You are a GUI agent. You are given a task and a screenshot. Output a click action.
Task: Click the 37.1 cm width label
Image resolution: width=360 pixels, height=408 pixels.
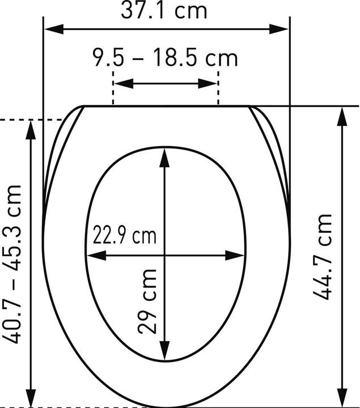tap(164, 10)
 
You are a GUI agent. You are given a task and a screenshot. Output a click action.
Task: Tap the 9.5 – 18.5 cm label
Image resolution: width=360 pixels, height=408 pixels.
tap(164, 58)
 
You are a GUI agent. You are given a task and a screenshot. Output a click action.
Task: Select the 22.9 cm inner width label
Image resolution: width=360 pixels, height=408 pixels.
tap(124, 235)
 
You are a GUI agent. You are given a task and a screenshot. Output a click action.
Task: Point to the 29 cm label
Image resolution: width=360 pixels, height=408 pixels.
tap(147, 302)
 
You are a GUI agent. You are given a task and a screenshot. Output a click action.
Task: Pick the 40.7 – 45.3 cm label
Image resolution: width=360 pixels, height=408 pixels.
tap(12, 263)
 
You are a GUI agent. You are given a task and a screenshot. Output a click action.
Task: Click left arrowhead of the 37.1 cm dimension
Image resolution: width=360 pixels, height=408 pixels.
tap(50, 29)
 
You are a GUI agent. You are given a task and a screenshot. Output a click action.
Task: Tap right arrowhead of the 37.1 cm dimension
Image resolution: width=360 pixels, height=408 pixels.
tap(283, 29)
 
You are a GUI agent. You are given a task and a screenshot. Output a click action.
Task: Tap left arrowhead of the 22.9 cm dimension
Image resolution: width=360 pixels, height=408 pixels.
tap(94, 255)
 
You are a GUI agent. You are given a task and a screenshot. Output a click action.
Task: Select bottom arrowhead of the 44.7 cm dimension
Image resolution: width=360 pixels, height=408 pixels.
tap(344, 399)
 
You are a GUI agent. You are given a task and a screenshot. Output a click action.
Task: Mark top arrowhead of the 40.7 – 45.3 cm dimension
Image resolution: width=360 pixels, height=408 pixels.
tap(31, 128)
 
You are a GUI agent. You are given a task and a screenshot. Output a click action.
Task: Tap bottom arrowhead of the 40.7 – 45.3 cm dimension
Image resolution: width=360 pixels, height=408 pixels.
tap(31, 399)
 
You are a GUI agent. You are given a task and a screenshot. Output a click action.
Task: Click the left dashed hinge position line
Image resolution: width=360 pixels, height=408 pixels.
tap(114, 85)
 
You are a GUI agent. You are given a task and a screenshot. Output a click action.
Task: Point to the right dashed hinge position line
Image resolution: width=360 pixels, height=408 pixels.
tap(218, 85)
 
